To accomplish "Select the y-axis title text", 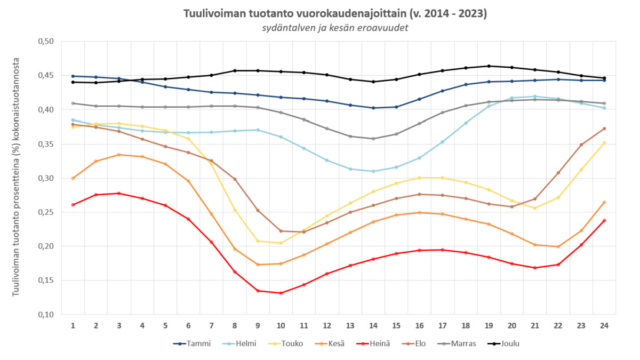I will coord(17,178).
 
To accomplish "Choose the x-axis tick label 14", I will coord(373,325).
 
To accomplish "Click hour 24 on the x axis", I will coord(604,325).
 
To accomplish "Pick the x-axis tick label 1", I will coord(73,325).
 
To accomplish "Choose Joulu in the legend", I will coord(507,343).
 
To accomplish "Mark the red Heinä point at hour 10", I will coord(281,293).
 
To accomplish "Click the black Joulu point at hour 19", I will coord(489,66).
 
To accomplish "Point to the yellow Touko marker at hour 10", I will coord(281,243).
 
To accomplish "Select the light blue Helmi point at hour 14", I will coord(373,171).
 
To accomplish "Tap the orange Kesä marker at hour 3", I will coord(119,155).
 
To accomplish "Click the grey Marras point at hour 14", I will coord(373,139).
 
